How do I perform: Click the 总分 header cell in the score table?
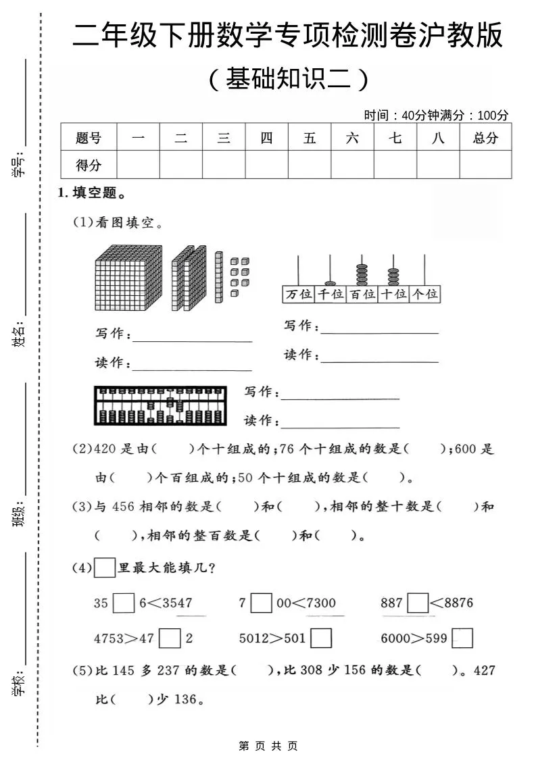pos(485,138)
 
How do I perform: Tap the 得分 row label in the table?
pos(89,165)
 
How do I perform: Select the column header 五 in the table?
pos(310,138)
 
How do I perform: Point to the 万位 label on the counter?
pos(298,295)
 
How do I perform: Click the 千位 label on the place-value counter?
pos(330,295)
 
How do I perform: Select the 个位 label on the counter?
pos(425,295)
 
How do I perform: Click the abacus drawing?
pos(162,405)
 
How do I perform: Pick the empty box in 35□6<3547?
pos(124,603)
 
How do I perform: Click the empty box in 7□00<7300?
pos(262,603)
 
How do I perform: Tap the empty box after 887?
pos(418,603)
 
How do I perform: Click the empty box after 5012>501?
pos(321,638)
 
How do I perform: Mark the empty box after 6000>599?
pos(462,638)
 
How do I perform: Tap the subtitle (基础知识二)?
pos(288,80)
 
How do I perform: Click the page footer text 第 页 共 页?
pos(268,746)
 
